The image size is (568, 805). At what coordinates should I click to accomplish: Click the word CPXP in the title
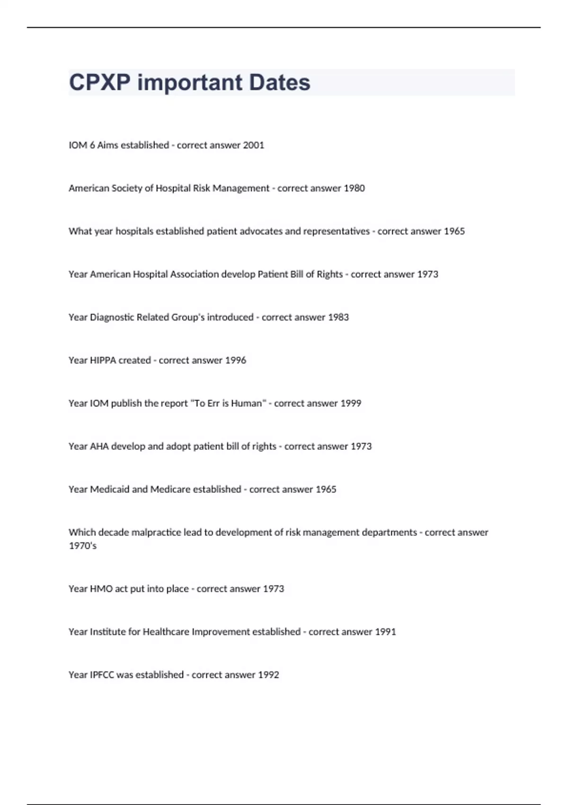[x=99, y=82]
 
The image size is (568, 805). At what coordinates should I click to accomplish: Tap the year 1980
[x=354, y=188]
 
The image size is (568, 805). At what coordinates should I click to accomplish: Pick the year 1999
[x=351, y=403]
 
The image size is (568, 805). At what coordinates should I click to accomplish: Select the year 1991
[x=385, y=632]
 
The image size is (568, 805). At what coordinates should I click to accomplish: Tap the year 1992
[x=268, y=675]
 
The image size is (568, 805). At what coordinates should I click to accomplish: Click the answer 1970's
[x=82, y=546]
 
